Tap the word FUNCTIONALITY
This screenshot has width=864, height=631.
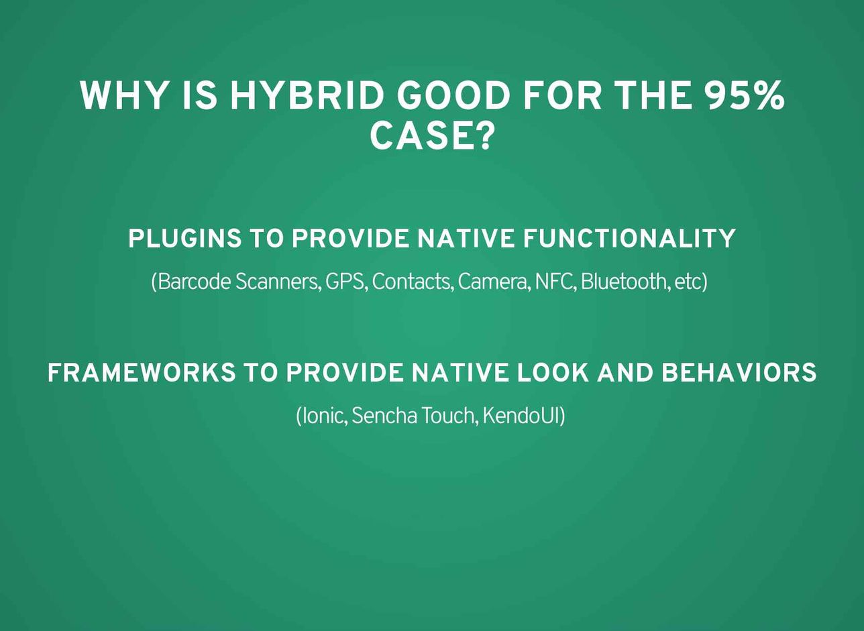point(629,238)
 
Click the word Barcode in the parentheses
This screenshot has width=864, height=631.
point(191,282)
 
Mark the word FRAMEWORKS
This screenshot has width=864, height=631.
point(141,372)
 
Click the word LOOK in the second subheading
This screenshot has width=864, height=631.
point(553,372)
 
